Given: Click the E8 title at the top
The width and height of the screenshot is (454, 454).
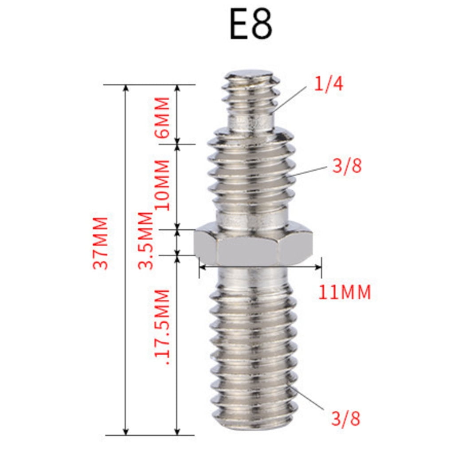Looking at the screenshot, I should click(x=251, y=26).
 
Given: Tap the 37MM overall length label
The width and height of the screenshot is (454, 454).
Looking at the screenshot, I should click(x=100, y=243).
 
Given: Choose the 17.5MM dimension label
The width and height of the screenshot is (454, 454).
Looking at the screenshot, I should click(x=161, y=326).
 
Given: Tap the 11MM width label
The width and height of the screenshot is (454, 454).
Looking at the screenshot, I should click(x=344, y=293).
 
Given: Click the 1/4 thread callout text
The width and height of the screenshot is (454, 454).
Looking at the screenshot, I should click(x=329, y=84).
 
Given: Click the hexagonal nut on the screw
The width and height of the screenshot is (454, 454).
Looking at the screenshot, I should click(x=253, y=244).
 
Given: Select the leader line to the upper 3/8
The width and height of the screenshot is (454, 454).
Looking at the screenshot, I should click(x=310, y=172).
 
